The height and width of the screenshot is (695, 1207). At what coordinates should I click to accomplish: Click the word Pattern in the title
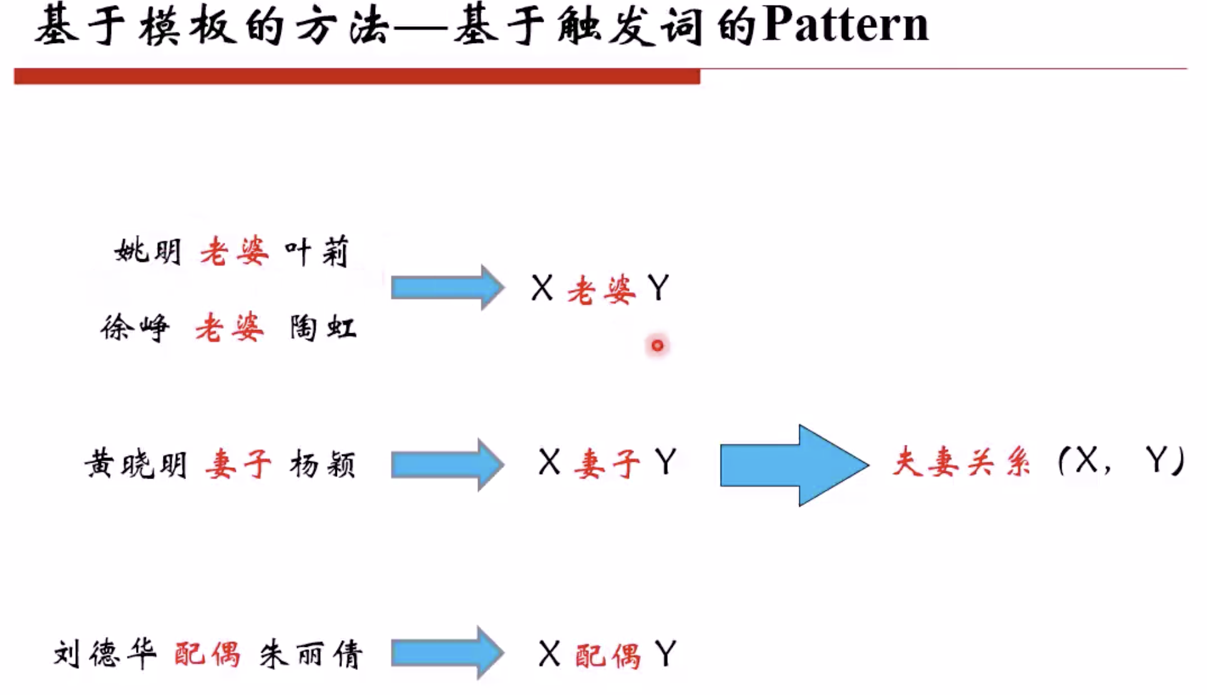[x=845, y=26]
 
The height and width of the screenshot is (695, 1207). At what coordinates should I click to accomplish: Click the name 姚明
[x=148, y=252]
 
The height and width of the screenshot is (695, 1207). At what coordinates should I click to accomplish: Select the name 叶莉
[x=316, y=252]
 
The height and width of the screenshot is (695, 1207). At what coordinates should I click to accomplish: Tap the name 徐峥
[x=135, y=328]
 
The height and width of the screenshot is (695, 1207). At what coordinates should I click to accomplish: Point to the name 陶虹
[x=323, y=328]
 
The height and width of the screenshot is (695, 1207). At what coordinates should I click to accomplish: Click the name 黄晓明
[x=136, y=465]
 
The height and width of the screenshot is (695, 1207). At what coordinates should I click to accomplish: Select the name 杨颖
[x=323, y=465]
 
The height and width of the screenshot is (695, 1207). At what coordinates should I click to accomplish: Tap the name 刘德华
[x=104, y=654]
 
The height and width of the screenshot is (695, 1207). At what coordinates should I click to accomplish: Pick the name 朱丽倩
[x=311, y=654]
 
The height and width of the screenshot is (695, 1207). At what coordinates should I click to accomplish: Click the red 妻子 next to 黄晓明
[x=238, y=465]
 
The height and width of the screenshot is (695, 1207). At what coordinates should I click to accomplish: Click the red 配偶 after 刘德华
[x=207, y=654]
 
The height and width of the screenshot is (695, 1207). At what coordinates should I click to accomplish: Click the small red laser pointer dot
[x=657, y=345]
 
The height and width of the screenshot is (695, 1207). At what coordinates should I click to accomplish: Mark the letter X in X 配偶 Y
[x=549, y=654]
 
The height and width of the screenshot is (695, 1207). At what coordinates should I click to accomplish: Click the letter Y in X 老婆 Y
[x=658, y=288]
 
